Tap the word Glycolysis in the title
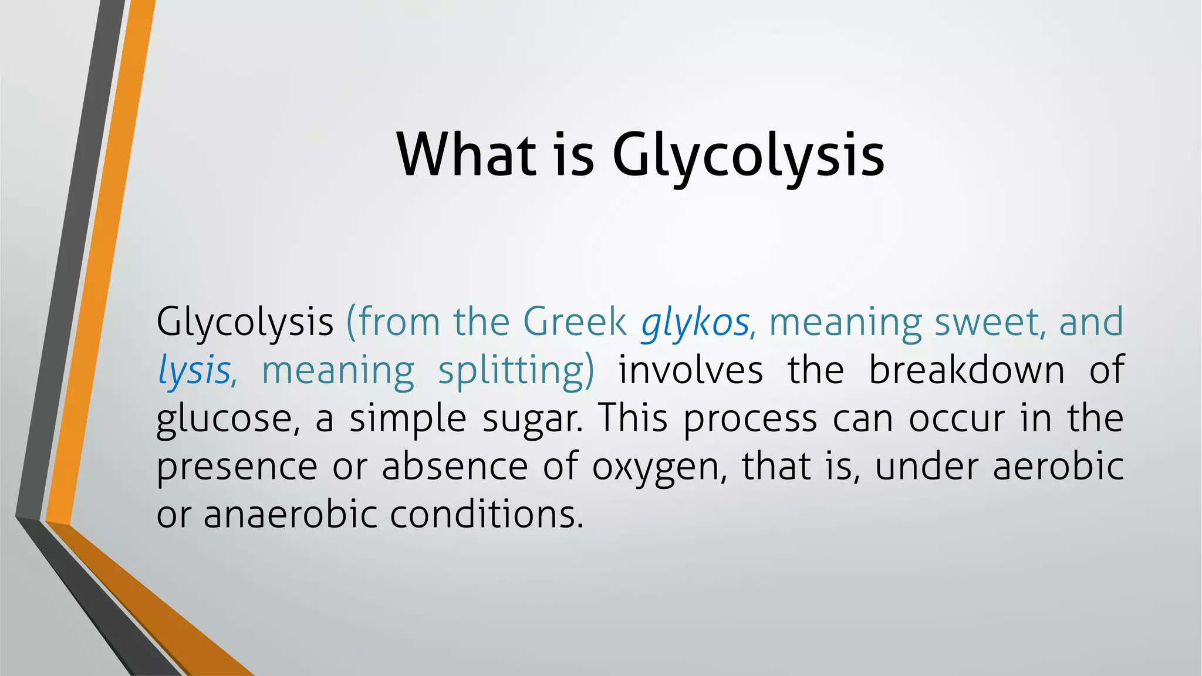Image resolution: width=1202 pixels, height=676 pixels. click(x=748, y=156)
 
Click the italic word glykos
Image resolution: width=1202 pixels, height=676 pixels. click(x=694, y=322)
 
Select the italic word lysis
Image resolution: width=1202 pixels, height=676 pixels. click(x=194, y=371)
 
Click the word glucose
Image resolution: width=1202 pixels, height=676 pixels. click(x=228, y=419)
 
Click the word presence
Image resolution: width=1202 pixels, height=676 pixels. click(x=237, y=467)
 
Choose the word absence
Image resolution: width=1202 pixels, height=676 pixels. click(x=455, y=467)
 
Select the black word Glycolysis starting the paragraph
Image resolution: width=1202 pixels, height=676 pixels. click(x=245, y=322)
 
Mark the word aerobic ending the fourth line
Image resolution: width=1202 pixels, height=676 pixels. click(x=1058, y=466)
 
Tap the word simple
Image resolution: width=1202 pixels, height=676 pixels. click(x=408, y=419)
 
